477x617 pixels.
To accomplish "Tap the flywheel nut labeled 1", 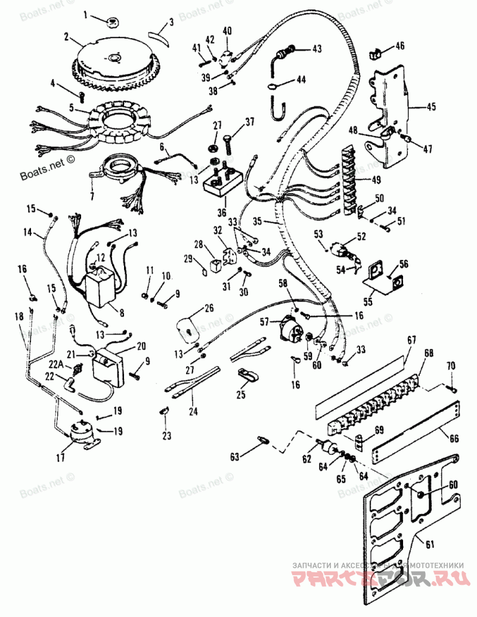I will [x=111, y=22].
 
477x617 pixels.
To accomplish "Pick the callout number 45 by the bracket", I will [x=430, y=107].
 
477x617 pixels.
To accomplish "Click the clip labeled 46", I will [x=376, y=54].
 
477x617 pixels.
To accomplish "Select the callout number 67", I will [x=411, y=340].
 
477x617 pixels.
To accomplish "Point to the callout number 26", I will [x=209, y=308].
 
